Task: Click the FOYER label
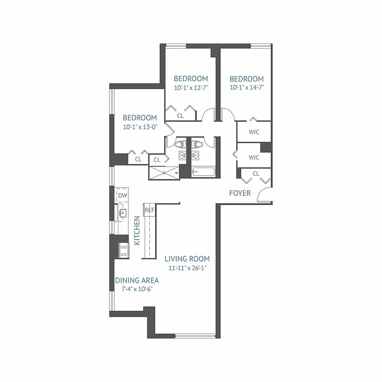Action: pos(240,193)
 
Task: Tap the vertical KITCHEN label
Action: pos(137,231)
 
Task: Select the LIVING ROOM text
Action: pos(187,259)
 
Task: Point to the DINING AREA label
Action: pos(137,281)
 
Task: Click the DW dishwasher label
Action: pos(122,195)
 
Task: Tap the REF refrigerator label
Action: pos(149,210)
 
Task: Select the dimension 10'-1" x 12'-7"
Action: pos(191,87)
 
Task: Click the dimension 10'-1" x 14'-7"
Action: pos(246,87)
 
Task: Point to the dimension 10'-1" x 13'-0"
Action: pos(140,127)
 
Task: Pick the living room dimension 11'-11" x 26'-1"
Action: pos(187,268)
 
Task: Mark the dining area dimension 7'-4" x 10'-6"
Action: pos(137,289)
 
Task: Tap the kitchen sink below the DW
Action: pos(122,213)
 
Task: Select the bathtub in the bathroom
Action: pos(203,172)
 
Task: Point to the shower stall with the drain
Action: pos(164,172)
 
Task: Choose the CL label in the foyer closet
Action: pos(256,173)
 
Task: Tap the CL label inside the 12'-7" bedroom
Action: pos(180,115)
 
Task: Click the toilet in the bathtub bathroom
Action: pos(197,143)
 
